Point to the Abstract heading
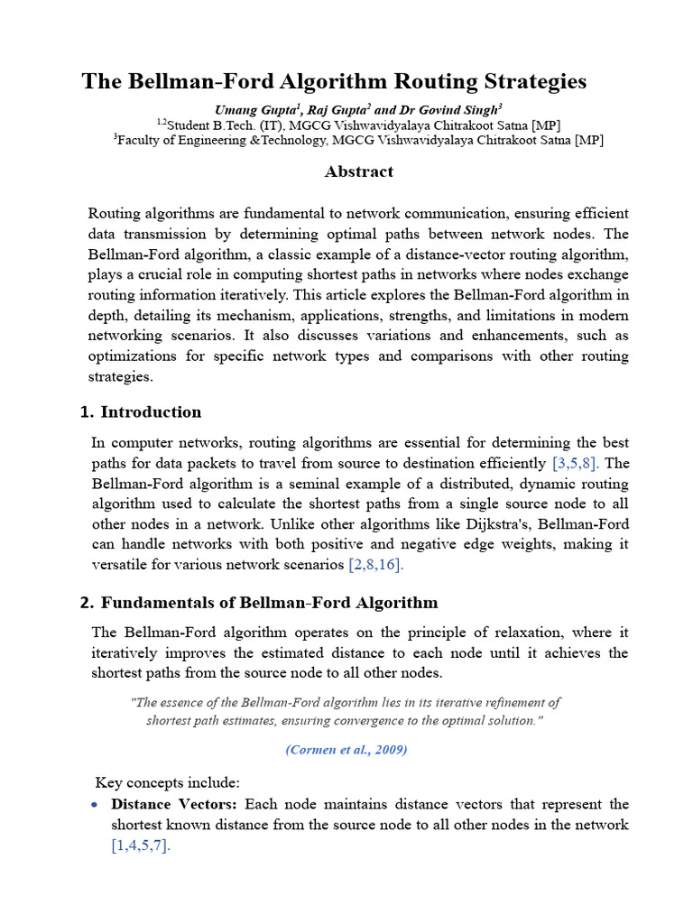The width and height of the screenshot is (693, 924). [x=359, y=171]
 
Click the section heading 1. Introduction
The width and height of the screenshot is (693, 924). [x=141, y=412]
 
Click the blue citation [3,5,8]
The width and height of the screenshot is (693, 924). [x=577, y=464]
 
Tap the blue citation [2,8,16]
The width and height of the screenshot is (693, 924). [x=376, y=565]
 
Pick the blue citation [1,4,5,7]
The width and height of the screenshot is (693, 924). [x=141, y=845]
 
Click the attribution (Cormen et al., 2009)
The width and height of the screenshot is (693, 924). [x=346, y=751]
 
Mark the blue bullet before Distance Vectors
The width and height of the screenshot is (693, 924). [x=96, y=804]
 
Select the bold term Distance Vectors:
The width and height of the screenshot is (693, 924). [x=175, y=804]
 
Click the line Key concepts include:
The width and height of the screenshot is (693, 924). [x=167, y=781]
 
